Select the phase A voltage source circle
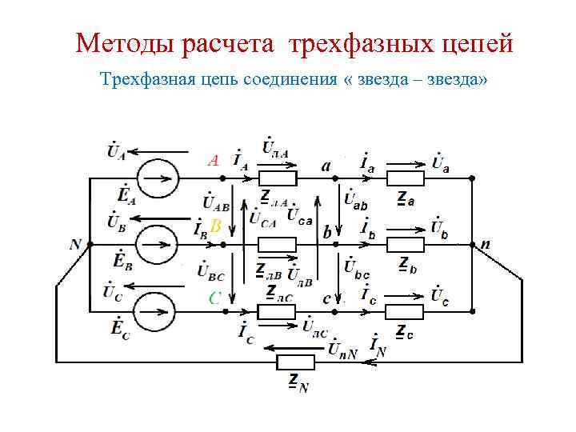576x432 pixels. click(157, 176)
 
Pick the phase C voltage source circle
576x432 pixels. click(157, 310)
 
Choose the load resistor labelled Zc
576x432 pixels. click(405, 311)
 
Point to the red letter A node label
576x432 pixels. click(213, 160)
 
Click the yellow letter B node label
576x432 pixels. click(215, 226)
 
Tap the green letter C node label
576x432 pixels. click(214, 298)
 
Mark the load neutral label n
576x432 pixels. click(485, 244)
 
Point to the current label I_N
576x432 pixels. click(378, 346)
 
